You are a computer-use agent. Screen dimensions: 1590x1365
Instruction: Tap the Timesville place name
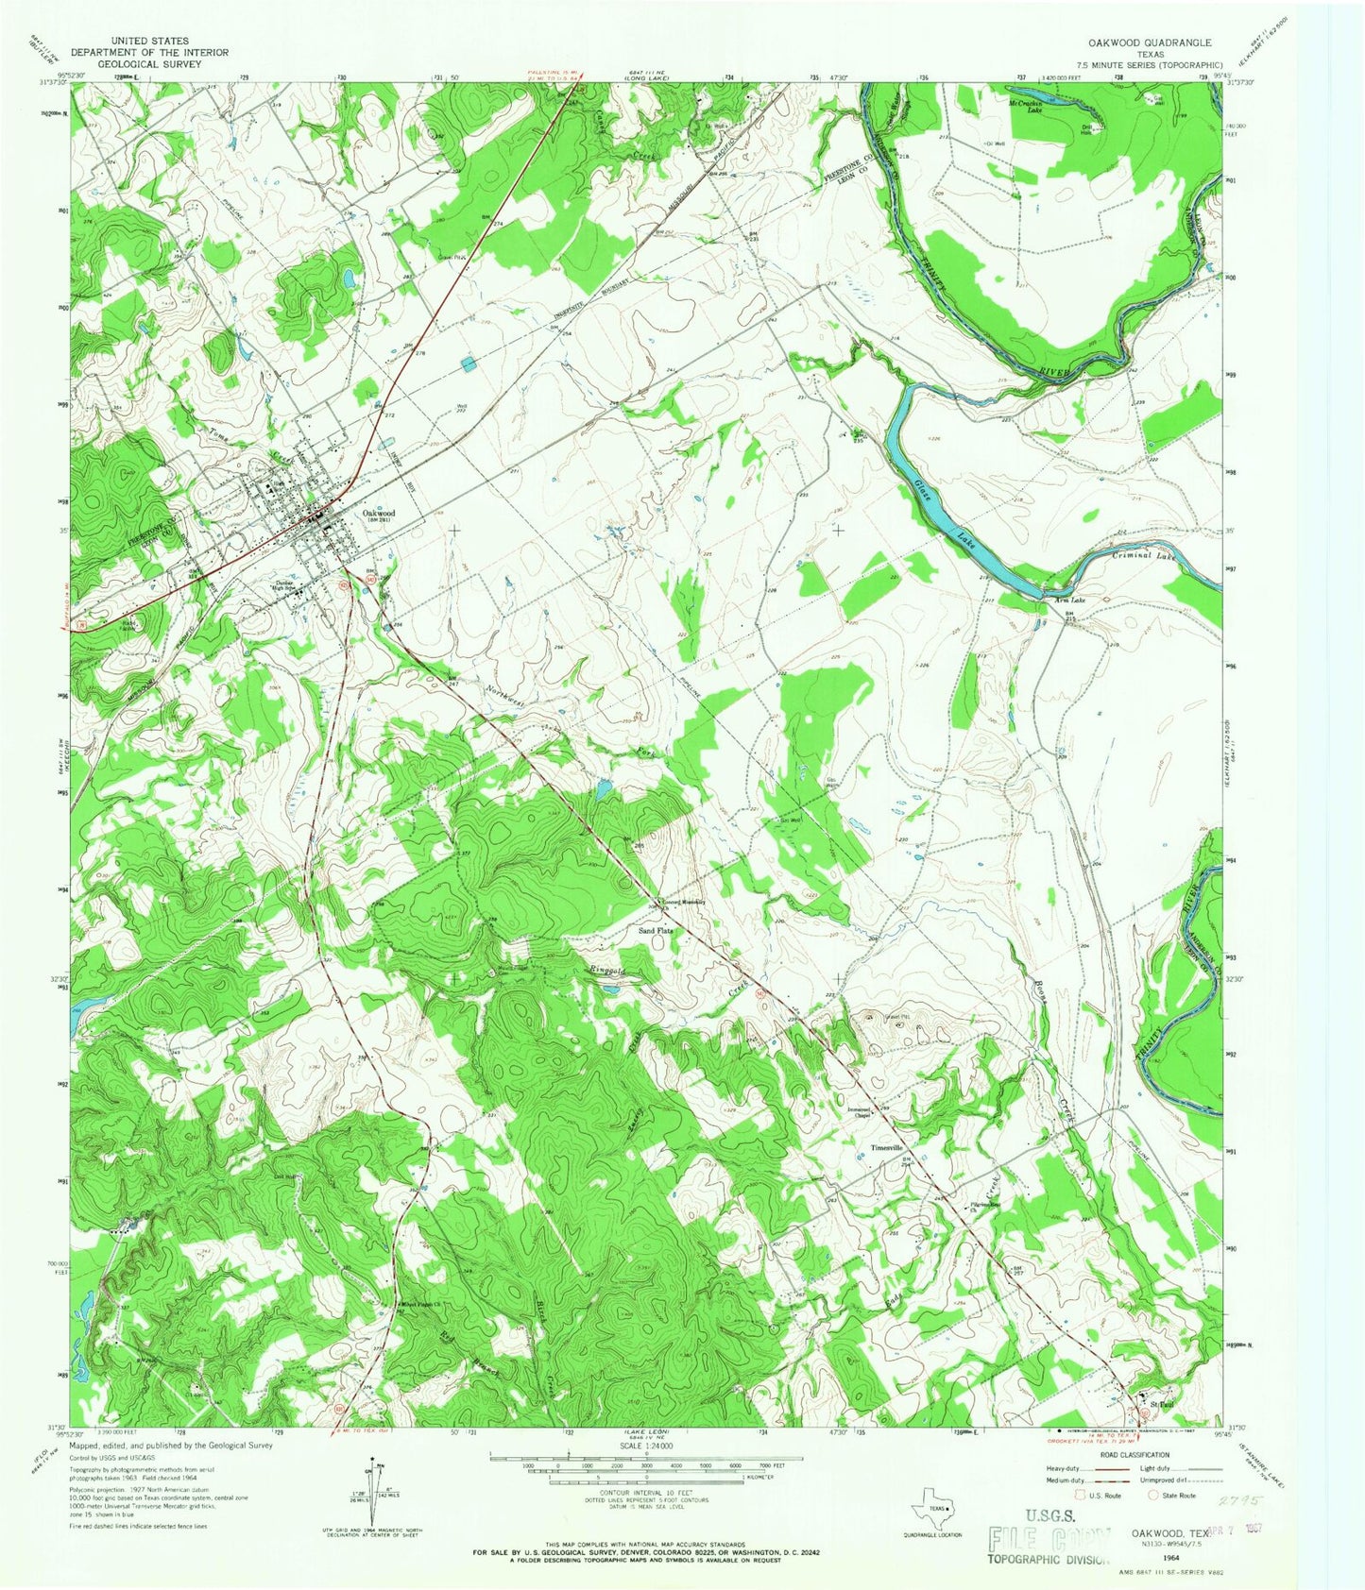click(888, 1148)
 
